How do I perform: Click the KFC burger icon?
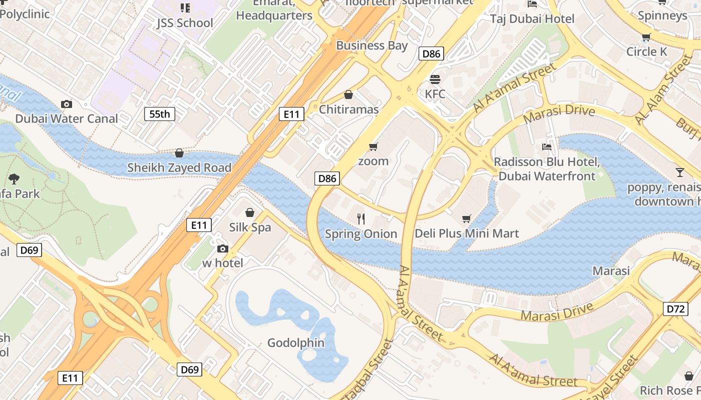[435, 79]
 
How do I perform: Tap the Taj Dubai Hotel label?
[532, 19]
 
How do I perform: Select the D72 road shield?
[675, 309]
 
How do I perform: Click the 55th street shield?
[160, 114]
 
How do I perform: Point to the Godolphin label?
[296, 343]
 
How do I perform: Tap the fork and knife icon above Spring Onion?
[361, 218]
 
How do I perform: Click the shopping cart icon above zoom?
[373, 146]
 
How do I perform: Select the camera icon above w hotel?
[222, 248]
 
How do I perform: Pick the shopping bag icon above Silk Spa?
[250, 212]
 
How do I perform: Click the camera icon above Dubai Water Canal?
[66, 104]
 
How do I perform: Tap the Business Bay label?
[372, 45]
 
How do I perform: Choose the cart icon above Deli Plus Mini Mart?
[467, 218]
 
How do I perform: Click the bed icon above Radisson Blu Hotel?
[547, 147]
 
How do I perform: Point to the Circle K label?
[646, 51]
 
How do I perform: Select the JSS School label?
[185, 23]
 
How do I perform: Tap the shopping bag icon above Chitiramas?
[348, 94]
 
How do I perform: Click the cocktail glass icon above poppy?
[679, 172]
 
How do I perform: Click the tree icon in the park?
[14, 178]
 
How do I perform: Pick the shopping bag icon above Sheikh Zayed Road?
[179, 152]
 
